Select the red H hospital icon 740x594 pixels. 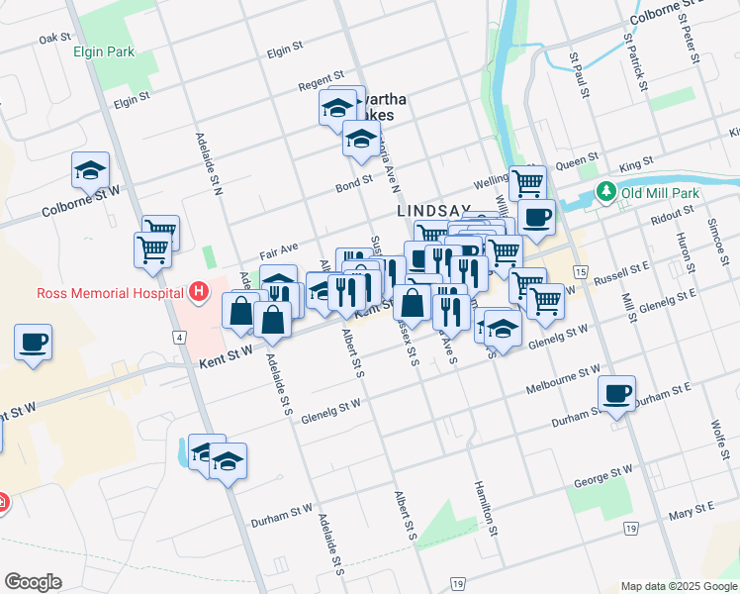(200, 292)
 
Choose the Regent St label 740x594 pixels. (322, 76)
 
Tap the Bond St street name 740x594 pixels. (353, 182)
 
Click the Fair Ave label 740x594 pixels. (278, 252)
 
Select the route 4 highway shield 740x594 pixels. (180, 338)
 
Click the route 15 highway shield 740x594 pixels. (580, 271)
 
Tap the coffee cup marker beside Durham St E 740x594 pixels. (617, 393)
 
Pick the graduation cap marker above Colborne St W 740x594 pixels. (91, 169)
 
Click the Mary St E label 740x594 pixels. (692, 511)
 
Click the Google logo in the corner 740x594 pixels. (34, 582)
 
